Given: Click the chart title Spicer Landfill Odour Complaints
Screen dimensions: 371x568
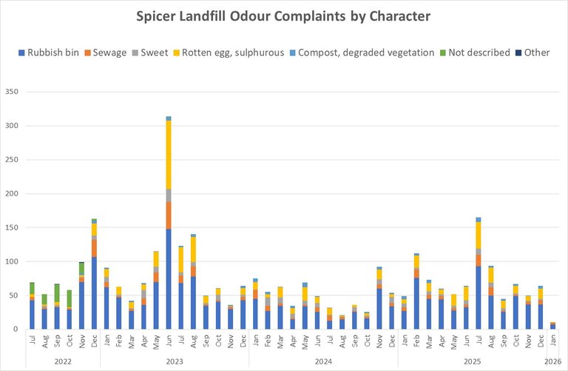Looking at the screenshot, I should pos(283,16).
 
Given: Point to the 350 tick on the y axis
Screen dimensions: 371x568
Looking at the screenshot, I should pos(13,93).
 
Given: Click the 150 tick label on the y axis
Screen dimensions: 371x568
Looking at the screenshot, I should pos(13,228).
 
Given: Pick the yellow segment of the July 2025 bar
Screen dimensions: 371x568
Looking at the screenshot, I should pos(479,235).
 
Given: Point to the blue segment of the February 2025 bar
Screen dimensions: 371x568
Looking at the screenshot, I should pos(416,304).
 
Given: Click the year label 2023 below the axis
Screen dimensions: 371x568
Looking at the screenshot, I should pos(175,362).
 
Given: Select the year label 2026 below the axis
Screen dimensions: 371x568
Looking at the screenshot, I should pos(552,362).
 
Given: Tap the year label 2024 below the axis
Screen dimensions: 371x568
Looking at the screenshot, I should pos(323,362).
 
